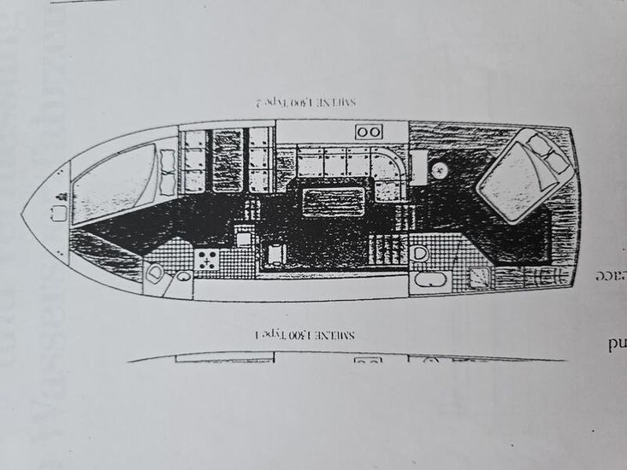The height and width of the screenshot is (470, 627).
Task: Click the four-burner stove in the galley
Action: pyautogui.click(x=207, y=260)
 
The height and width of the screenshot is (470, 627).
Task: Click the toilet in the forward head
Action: pyautogui.click(x=154, y=273)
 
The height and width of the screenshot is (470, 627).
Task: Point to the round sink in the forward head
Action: pyautogui.click(x=183, y=276)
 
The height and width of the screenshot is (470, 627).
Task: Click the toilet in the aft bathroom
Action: pyautogui.click(x=420, y=253)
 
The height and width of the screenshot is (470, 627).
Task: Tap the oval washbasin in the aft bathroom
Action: pyautogui.click(x=425, y=279)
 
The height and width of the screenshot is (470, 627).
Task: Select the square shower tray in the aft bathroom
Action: pyautogui.click(x=481, y=275)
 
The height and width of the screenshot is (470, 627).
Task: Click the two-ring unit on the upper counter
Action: pyautogui.click(x=369, y=132)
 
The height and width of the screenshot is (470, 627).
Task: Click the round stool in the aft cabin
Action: pyautogui.click(x=440, y=169)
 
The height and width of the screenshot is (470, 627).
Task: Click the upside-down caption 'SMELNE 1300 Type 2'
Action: pyautogui.click(x=305, y=103)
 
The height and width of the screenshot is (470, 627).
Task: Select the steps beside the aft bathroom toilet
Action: pyautogui.click(x=388, y=250)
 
